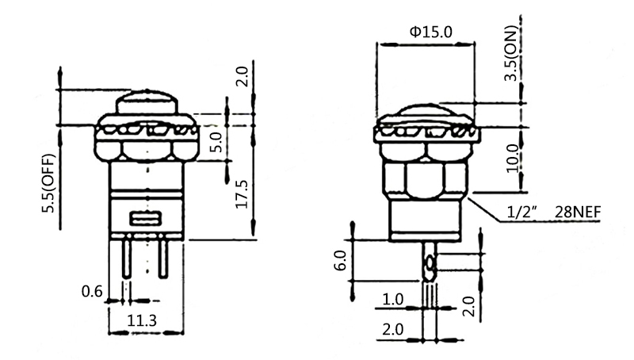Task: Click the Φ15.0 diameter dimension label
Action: click(x=430, y=32)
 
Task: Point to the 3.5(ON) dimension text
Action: click(x=511, y=53)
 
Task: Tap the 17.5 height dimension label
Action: click(x=242, y=194)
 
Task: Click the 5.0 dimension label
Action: click(x=217, y=142)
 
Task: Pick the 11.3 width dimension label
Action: click(x=142, y=321)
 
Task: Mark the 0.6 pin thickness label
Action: click(x=92, y=291)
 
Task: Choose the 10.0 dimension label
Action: click(x=513, y=158)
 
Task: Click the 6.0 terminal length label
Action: click(x=341, y=260)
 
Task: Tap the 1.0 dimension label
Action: click(x=392, y=300)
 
